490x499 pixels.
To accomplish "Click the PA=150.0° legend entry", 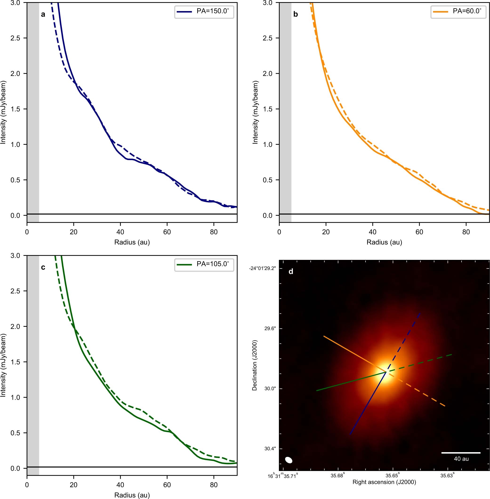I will click(204, 11).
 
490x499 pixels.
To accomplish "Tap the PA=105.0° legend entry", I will click(204, 264).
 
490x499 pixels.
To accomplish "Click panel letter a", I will click(43, 14).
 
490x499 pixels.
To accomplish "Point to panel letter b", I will click(295, 14).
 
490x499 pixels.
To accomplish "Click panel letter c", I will click(43, 267).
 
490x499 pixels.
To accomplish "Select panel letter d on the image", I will click(291, 271).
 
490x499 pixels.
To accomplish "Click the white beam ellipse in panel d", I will click(289, 460).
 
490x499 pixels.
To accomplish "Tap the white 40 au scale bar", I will click(461, 453).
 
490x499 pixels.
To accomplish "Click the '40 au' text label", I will click(461, 459).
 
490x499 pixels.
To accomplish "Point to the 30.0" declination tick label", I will click(270, 389).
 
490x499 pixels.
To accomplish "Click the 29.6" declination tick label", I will click(270, 329).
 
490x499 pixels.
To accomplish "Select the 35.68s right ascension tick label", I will click(338, 476).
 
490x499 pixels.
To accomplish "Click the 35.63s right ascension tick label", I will click(447, 476).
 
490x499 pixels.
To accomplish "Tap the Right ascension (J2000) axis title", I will click(384, 482).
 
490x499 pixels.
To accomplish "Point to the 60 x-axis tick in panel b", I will click(419, 232).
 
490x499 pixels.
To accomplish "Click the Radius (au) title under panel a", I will click(132, 242).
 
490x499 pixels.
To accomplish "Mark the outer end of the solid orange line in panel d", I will click(324, 336).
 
